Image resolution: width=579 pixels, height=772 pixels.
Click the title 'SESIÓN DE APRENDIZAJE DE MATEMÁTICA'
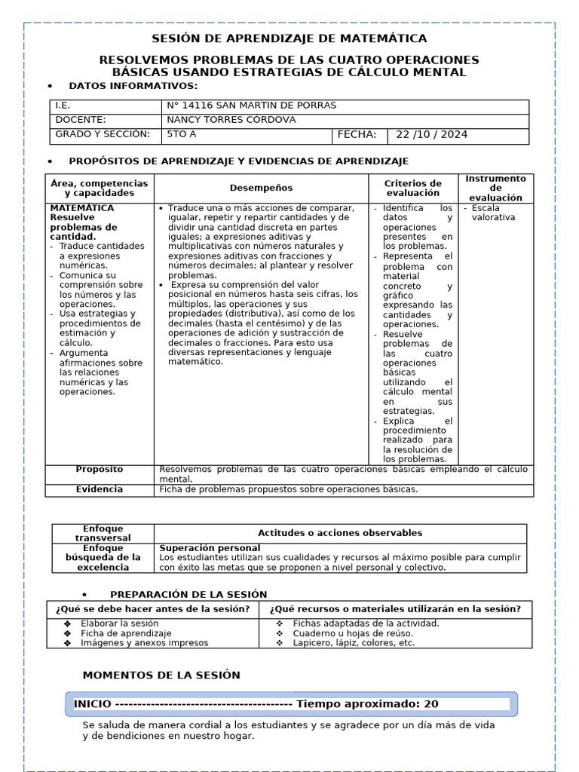coord(289,38)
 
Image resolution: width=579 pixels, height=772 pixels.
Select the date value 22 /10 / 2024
coord(431,135)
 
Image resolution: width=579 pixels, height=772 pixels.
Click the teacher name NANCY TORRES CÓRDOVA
coord(231,120)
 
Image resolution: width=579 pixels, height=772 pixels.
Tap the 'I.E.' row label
coord(63,106)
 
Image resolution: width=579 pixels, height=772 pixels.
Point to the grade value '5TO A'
coord(181,135)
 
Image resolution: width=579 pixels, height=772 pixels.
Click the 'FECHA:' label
coord(357,135)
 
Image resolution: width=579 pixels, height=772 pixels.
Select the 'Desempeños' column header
coord(261,188)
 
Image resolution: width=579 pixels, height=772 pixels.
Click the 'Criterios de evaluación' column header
coord(412,188)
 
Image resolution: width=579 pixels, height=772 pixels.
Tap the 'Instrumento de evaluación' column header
coord(495,188)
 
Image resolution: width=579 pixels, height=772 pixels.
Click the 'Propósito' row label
coord(100,470)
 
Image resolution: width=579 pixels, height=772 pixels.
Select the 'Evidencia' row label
coord(100,489)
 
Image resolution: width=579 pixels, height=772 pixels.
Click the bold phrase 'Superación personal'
coord(210,547)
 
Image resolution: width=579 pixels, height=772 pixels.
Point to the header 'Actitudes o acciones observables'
coord(340,533)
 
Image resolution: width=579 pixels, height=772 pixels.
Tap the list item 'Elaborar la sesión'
coord(119,623)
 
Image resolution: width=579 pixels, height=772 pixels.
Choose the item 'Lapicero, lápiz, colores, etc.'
coord(354,643)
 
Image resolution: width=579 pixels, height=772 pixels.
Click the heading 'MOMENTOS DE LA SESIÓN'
coord(161,675)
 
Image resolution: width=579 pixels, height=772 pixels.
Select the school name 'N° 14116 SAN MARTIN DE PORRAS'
coord(251,106)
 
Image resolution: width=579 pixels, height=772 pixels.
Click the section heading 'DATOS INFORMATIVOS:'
coord(133,86)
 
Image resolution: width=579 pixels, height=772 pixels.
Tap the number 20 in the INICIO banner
coord(430,704)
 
